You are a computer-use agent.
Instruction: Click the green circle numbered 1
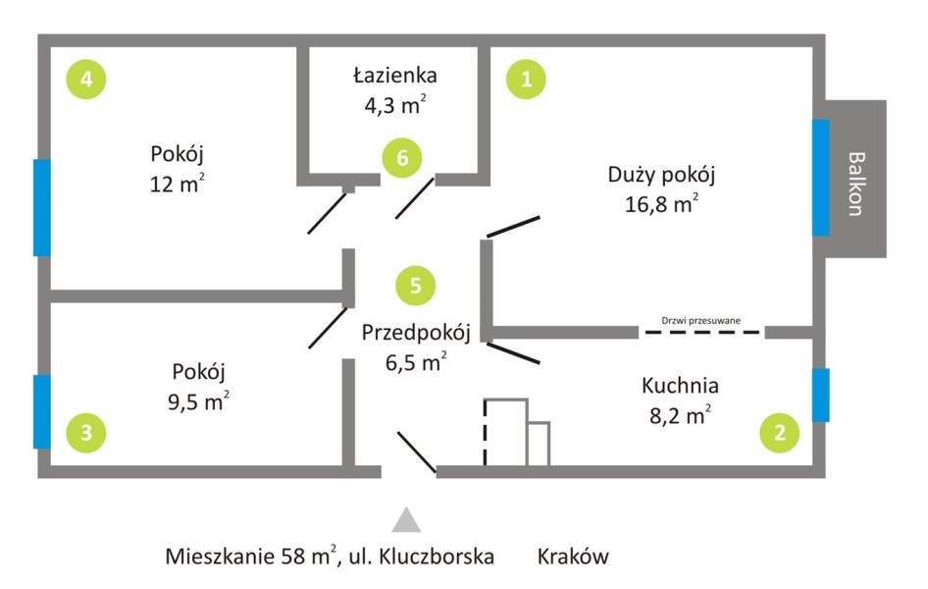(526, 79)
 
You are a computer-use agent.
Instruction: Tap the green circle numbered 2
(780, 433)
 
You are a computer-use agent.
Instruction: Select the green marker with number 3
(86, 433)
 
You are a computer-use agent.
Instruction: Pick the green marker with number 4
(86, 79)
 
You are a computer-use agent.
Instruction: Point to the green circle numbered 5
(416, 286)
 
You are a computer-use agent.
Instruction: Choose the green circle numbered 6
(402, 158)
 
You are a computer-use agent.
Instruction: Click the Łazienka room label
(395, 76)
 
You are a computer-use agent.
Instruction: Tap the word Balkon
(856, 185)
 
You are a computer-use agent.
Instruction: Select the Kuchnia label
(680, 386)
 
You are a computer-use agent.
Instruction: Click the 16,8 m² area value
(662, 203)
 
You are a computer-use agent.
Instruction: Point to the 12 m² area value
(177, 184)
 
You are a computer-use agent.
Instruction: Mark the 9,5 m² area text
(198, 402)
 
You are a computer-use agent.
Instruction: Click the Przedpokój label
(416, 333)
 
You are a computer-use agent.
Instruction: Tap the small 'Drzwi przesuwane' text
(700, 320)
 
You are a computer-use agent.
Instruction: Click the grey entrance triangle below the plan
(406, 519)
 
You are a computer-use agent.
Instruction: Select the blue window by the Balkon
(820, 178)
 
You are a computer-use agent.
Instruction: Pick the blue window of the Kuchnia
(820, 395)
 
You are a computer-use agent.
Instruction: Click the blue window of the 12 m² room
(41, 207)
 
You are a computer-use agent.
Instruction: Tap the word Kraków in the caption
(573, 557)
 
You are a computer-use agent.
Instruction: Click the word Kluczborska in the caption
(437, 557)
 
